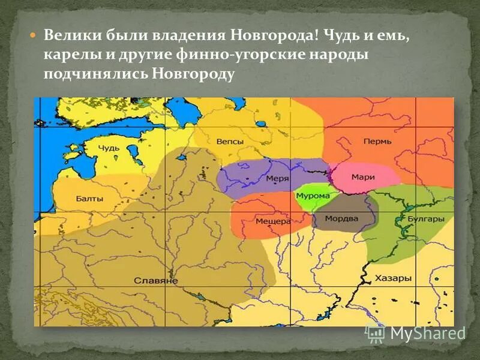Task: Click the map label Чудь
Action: pos(109,148)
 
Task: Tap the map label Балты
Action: pos(89,199)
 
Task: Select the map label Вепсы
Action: pos(230,142)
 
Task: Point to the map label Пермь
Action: pos(377,142)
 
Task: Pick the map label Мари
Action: pos(364,177)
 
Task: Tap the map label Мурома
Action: pos(313,196)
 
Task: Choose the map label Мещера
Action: pos(273,221)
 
